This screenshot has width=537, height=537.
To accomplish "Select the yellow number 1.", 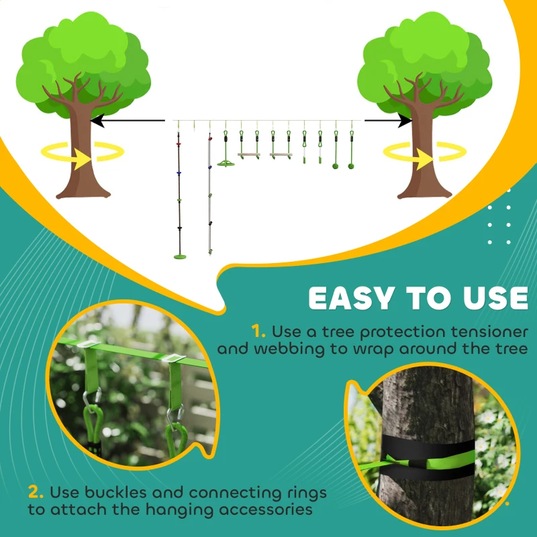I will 258,331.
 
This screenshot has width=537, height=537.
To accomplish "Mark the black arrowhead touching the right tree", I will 404,121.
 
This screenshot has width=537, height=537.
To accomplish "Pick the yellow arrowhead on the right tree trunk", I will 426,159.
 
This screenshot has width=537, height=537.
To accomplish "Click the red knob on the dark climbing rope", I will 179,143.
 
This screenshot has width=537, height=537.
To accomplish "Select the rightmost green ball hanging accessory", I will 350,164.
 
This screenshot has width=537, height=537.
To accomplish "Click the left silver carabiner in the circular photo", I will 91,403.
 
